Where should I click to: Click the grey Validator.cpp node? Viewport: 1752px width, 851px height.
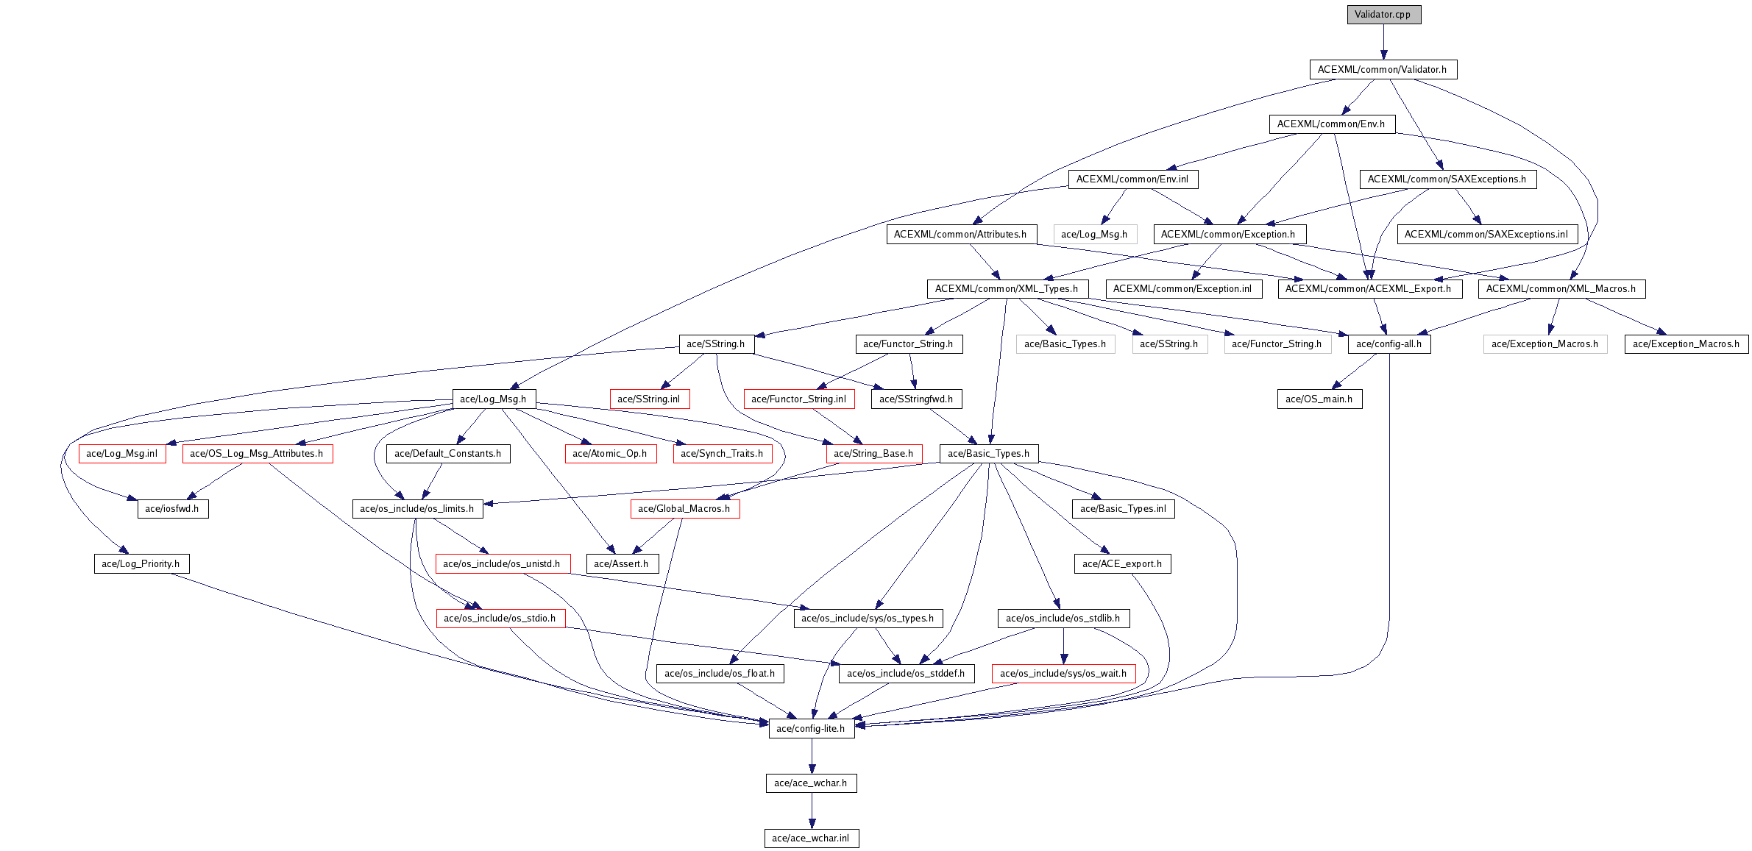(x=1383, y=15)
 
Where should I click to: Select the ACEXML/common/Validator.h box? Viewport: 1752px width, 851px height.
(x=1383, y=70)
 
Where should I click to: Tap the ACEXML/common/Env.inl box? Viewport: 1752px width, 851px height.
(x=1132, y=179)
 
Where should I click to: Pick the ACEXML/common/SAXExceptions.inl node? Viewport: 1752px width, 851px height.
(x=1487, y=235)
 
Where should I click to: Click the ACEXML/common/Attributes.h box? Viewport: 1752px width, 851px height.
(x=961, y=235)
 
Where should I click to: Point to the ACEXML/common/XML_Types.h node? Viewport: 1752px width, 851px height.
(x=1007, y=289)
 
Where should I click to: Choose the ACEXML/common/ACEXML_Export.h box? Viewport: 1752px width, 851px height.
(x=1369, y=289)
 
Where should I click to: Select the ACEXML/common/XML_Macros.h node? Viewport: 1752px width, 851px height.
(x=1561, y=289)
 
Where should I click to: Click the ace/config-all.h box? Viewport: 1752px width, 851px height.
(x=1389, y=344)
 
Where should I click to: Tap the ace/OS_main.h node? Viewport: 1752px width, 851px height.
(x=1319, y=399)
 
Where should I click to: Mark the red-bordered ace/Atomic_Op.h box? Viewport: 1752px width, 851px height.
(x=610, y=454)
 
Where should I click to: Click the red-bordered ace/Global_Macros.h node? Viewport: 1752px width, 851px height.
(x=684, y=509)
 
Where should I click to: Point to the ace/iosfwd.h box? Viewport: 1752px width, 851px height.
(x=172, y=509)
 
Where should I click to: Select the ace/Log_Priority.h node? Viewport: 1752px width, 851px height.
(x=141, y=564)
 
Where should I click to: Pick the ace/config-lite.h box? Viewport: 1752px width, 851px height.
(x=811, y=729)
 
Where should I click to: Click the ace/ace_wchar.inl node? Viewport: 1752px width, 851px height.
(x=811, y=838)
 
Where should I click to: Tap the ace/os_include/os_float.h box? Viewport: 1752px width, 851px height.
(x=720, y=674)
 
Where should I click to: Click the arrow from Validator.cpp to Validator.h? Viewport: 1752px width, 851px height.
(x=1383, y=42)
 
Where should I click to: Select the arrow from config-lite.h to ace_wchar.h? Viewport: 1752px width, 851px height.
(x=812, y=756)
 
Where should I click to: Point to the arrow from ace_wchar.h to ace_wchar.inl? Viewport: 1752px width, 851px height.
(x=812, y=811)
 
